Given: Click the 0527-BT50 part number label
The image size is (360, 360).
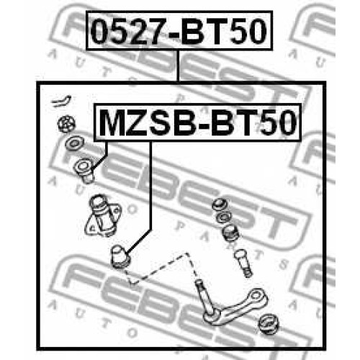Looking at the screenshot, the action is (x=179, y=30).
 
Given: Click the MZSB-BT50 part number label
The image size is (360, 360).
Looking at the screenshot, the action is (x=197, y=122).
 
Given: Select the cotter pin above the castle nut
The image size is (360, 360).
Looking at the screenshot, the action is (x=61, y=100).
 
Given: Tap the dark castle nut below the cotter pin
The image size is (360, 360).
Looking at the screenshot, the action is (x=66, y=124).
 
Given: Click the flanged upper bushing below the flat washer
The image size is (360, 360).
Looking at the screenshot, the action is (x=84, y=171).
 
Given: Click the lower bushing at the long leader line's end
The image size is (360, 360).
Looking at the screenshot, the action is (x=120, y=257).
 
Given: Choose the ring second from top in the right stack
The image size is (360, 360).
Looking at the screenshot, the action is (x=224, y=218).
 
